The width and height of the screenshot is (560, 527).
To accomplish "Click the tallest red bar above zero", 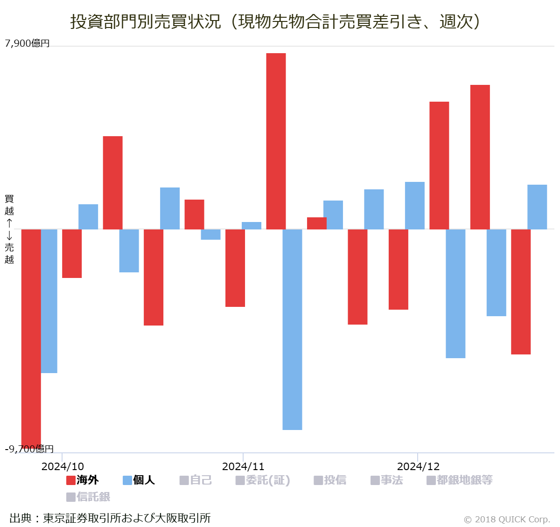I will (x=276, y=141).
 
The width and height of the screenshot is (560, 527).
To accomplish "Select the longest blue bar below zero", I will (x=292, y=329).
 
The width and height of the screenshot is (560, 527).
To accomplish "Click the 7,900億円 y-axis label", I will (x=27, y=43).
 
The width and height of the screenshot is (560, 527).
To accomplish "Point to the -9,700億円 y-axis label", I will (x=29, y=449).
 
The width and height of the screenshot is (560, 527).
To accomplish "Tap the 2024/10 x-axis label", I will (x=63, y=466).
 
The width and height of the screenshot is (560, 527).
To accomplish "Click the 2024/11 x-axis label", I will (x=243, y=466).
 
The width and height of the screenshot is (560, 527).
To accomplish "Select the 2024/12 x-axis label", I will (x=418, y=466).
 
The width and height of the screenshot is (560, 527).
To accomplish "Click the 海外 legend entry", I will (x=83, y=480).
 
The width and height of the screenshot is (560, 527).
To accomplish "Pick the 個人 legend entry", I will (x=139, y=480).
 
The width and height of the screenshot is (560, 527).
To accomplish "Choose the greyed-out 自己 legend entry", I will (x=196, y=480).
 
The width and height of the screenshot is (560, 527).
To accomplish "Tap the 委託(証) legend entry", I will (x=263, y=480).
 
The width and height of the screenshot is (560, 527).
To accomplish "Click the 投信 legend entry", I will (x=330, y=480).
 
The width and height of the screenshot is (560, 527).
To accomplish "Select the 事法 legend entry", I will (x=386, y=480).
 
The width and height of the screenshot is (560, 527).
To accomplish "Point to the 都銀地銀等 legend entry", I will (x=459, y=480).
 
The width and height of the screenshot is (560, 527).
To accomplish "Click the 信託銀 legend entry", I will (x=88, y=497).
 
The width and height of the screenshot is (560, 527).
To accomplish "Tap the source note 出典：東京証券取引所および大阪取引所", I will (x=110, y=518).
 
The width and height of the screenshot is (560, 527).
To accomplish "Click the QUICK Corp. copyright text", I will (x=507, y=520).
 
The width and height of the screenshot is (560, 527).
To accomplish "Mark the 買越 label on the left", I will (x=9, y=205).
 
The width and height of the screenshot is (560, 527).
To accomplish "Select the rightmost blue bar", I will (x=537, y=207).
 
